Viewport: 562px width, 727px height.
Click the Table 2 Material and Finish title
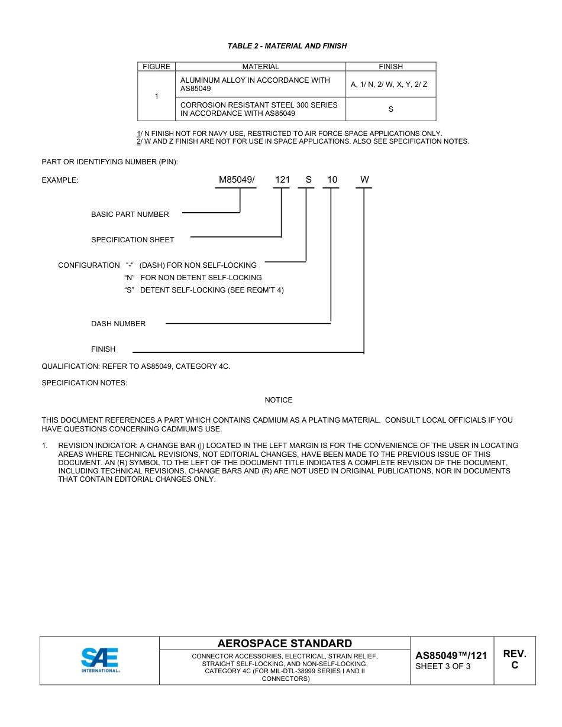pos(287,46)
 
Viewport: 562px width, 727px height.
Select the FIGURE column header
pos(156,67)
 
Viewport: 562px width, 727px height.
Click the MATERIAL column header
pos(260,67)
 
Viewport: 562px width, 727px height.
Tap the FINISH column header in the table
pos(390,67)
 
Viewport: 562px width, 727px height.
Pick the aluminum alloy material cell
pos(260,85)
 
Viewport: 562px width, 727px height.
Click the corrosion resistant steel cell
pos(260,109)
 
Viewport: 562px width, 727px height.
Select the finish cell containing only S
pos(390,109)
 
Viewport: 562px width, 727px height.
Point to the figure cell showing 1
pos(156,96)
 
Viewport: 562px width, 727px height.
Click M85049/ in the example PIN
pos(237,180)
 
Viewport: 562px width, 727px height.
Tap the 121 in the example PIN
pos(282,180)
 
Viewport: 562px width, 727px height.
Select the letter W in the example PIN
pos(364,180)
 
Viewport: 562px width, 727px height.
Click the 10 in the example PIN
pos(332,180)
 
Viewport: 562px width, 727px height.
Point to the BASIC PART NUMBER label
pos(130,215)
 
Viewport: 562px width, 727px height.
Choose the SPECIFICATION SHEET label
pos(133,240)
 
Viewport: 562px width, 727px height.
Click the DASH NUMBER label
pos(118,324)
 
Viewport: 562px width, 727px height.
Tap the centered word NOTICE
pos(279,400)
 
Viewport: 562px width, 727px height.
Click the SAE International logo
pos(100,660)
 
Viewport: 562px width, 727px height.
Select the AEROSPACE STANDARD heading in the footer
pos(285,644)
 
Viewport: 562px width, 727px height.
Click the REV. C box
pos(514,660)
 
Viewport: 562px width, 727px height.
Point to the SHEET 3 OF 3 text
pos(443,667)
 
